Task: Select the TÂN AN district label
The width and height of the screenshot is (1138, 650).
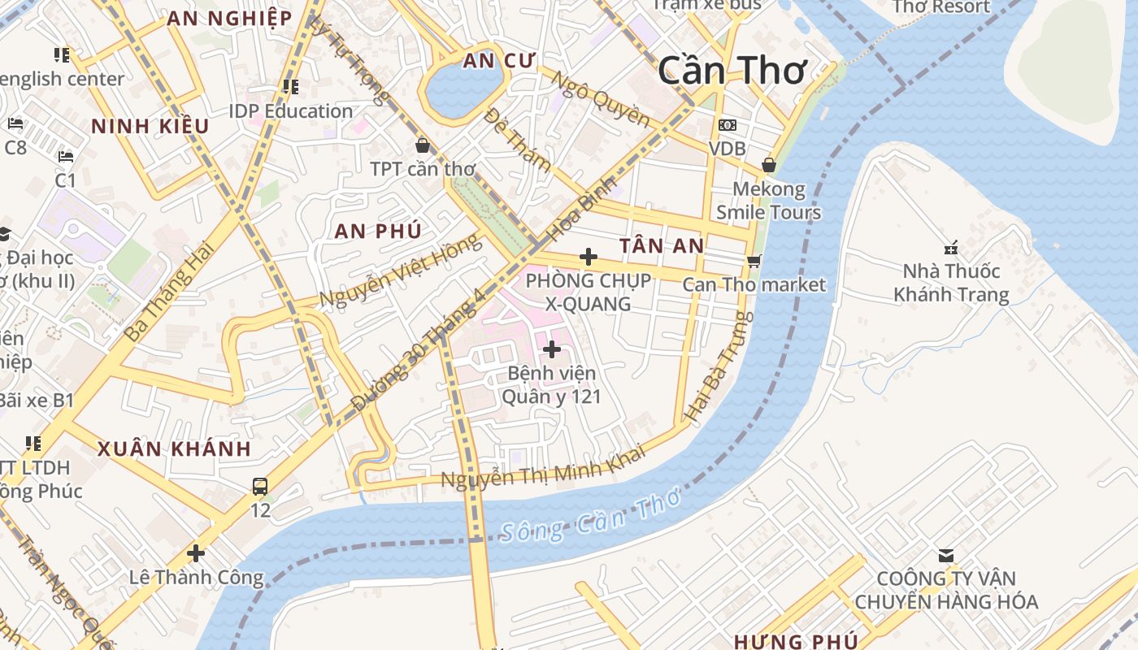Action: coord(661,245)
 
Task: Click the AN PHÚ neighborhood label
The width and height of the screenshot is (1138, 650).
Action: coord(378,231)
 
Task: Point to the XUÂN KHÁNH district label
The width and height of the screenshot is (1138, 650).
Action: coord(174,448)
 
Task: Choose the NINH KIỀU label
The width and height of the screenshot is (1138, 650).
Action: coord(150,126)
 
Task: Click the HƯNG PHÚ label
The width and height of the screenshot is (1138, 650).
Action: coord(796,641)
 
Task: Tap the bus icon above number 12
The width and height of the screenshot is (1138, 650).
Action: coord(260,487)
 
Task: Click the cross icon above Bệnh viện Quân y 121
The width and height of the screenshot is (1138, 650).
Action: coord(552,349)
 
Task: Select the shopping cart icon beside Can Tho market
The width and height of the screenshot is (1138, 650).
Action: coord(754,261)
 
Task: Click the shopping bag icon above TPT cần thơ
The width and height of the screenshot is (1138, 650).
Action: coord(423,146)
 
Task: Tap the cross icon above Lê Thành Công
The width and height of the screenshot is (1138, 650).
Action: coord(196,553)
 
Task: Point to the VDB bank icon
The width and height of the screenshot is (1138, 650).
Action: coord(728,125)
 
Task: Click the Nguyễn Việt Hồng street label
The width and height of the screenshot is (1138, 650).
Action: coord(402,271)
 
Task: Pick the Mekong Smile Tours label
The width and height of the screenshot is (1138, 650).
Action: coord(768,201)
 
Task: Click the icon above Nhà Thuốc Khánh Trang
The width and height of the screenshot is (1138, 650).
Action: coord(950,247)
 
